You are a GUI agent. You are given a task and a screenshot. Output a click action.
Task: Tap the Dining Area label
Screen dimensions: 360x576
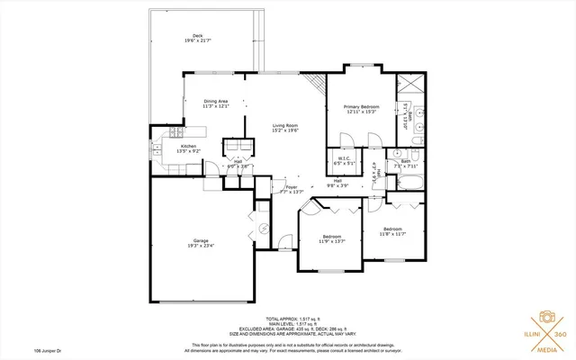(215, 101)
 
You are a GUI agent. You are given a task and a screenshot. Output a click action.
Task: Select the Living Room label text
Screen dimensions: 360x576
(286, 125)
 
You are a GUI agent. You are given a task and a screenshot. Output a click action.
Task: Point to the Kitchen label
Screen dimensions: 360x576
(188, 146)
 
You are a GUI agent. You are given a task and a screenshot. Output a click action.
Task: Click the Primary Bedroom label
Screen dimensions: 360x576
(361, 106)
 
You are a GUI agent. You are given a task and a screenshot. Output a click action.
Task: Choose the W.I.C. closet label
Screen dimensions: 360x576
(343, 160)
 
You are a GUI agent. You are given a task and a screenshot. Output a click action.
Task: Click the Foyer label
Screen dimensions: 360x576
(292, 187)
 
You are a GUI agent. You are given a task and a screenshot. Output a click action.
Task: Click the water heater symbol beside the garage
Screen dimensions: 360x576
(263, 228)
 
